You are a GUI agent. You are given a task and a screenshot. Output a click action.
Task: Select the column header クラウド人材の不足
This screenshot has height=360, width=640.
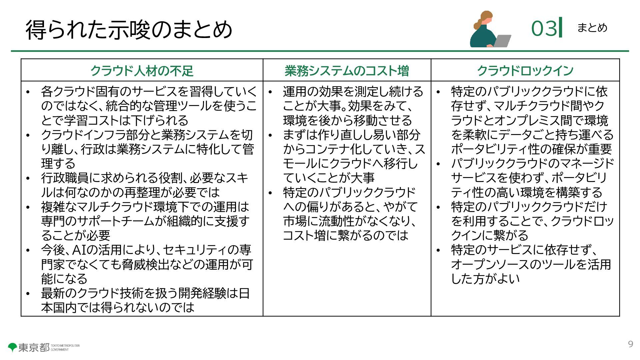coord(142,71)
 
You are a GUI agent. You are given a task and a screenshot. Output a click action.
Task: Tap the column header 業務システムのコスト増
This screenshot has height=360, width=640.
coord(347,71)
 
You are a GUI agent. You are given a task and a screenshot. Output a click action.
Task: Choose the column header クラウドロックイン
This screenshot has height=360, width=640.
coord(525,71)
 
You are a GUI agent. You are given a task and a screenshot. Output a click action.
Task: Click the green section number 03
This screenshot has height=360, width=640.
coord(544,28)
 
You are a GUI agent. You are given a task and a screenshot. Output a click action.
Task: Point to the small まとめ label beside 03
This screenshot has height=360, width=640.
coord(592,28)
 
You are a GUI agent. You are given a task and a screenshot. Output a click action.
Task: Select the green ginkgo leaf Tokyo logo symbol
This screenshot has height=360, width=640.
coord(13,347)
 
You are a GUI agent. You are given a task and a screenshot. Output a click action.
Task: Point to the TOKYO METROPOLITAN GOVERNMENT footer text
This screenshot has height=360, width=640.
coord(65,348)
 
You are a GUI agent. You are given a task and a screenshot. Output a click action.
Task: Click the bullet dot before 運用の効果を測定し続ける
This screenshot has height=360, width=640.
coord(270,92)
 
